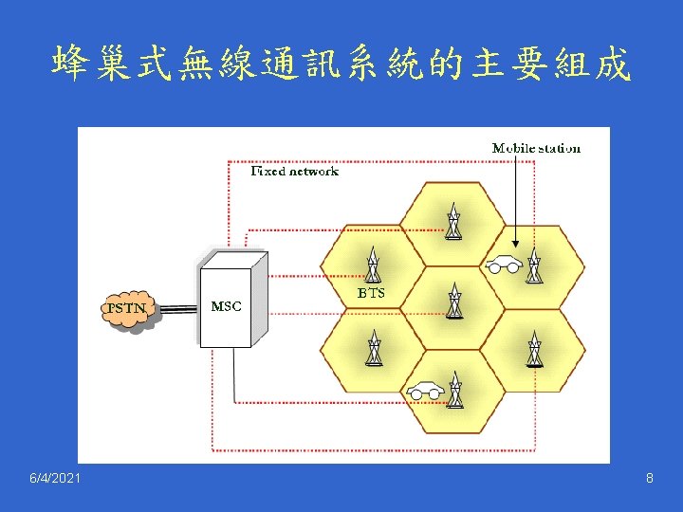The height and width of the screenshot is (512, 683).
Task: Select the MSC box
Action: (227, 303)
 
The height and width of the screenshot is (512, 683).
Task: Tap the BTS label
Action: (371, 294)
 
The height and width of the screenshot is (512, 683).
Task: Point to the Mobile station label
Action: (536, 148)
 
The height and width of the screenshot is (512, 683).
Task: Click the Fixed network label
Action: (294, 172)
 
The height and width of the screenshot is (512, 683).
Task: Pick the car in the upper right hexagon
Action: (503, 265)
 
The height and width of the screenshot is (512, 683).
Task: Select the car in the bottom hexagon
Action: (426, 389)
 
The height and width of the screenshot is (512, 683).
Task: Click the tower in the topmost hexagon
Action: (453, 222)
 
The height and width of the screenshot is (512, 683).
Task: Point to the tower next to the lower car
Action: (455, 389)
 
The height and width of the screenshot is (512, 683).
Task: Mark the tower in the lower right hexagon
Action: (534, 348)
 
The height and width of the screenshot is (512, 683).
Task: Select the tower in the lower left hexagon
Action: (373, 348)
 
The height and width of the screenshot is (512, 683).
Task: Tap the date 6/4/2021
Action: (55, 479)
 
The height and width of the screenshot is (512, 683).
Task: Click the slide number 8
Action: (649, 479)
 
